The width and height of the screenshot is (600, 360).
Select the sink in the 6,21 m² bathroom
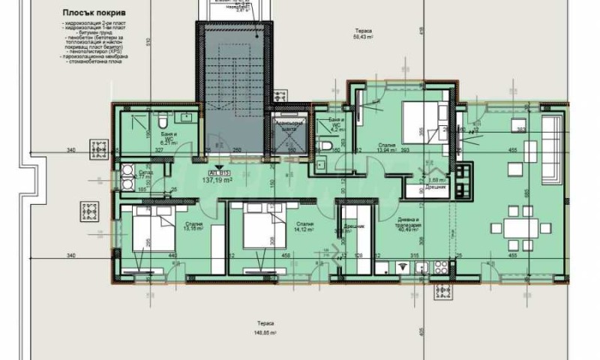(x=183, y=118)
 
